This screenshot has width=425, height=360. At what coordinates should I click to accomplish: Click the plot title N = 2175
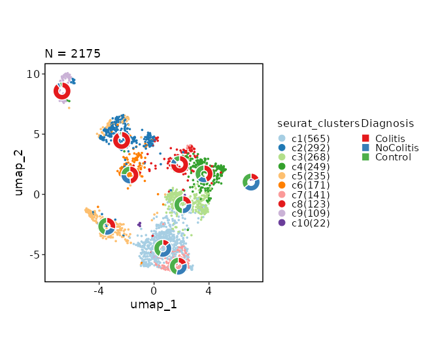(x=73, y=54)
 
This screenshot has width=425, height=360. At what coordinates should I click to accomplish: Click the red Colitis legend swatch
(x=366, y=138)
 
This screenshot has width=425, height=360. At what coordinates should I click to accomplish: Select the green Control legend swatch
(x=366, y=157)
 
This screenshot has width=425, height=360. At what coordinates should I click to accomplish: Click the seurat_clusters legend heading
(x=318, y=123)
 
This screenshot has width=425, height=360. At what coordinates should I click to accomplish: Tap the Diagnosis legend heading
(x=388, y=123)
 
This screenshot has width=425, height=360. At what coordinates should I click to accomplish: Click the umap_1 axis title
(x=154, y=304)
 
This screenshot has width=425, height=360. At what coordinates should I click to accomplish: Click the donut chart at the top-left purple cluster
(x=62, y=91)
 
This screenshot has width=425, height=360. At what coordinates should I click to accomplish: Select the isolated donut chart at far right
(x=251, y=182)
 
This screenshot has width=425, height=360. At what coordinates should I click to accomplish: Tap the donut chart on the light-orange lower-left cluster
(x=107, y=226)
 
